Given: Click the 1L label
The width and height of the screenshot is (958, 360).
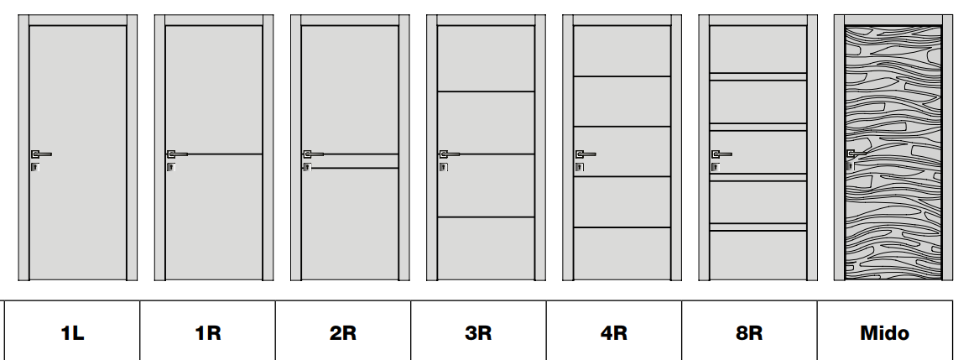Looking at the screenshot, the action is click(x=72, y=333).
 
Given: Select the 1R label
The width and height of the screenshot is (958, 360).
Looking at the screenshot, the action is click(x=208, y=333).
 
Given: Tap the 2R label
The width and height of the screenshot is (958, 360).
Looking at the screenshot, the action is click(x=343, y=333).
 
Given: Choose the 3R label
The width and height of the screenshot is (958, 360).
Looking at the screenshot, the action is click(x=478, y=333).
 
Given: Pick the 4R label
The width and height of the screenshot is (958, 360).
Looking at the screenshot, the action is click(x=614, y=333).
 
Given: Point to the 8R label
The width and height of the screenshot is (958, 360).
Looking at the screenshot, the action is click(x=749, y=333).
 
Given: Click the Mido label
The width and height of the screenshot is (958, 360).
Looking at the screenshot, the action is click(x=885, y=333).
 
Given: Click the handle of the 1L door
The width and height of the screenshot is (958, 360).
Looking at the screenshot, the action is click(x=41, y=154).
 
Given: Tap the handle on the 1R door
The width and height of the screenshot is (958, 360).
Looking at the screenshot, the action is click(x=177, y=154).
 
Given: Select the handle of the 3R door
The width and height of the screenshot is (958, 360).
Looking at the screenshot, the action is click(x=449, y=154).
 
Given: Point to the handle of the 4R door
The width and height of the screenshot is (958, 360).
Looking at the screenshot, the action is click(x=586, y=154).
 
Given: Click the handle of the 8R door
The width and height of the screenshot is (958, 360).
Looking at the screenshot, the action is click(x=721, y=154).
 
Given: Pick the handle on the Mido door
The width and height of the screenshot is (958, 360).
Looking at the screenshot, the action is click(x=856, y=154).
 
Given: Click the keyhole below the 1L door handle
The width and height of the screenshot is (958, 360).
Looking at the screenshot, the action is click(x=35, y=167).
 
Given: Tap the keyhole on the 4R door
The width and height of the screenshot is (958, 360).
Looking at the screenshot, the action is click(x=579, y=167).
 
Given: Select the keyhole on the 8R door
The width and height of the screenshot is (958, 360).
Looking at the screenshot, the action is click(x=716, y=167).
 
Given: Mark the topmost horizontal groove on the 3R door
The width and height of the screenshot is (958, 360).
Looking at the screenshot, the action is click(x=487, y=91).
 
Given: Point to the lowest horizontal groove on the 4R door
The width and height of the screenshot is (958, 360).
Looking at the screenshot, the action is click(x=622, y=227).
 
